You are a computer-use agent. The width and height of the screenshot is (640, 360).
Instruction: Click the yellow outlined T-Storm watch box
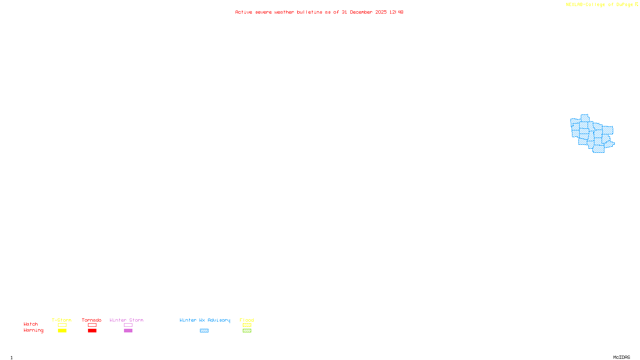tap(62, 325)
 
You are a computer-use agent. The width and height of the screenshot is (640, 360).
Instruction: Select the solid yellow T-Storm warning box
tap(62, 331)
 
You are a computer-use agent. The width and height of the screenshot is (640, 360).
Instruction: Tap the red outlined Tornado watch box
tap(92, 325)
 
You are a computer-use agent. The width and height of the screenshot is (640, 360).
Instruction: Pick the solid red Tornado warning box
tap(92, 331)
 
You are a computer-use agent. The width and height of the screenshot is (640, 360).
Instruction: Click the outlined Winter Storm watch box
tap(128, 325)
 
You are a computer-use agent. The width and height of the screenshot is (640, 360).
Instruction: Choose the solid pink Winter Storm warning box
tap(128, 331)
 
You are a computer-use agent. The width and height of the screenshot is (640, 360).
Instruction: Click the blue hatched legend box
tap(204, 331)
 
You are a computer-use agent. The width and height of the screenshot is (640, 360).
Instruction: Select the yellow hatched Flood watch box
tap(247, 325)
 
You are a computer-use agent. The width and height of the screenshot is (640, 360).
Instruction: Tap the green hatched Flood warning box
tap(247, 331)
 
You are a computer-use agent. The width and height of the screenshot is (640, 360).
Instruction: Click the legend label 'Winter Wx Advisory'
tap(205, 320)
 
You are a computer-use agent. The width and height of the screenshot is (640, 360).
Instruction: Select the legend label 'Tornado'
tap(92, 320)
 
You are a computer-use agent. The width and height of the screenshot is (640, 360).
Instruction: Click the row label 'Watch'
tap(31, 324)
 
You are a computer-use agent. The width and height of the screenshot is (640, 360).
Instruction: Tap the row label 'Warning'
tap(34, 330)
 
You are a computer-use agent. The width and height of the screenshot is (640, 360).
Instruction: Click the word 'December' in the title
tap(361, 12)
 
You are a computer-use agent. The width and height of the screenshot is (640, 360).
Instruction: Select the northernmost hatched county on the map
tap(584, 118)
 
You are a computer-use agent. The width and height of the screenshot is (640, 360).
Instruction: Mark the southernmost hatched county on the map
tap(598, 149)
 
